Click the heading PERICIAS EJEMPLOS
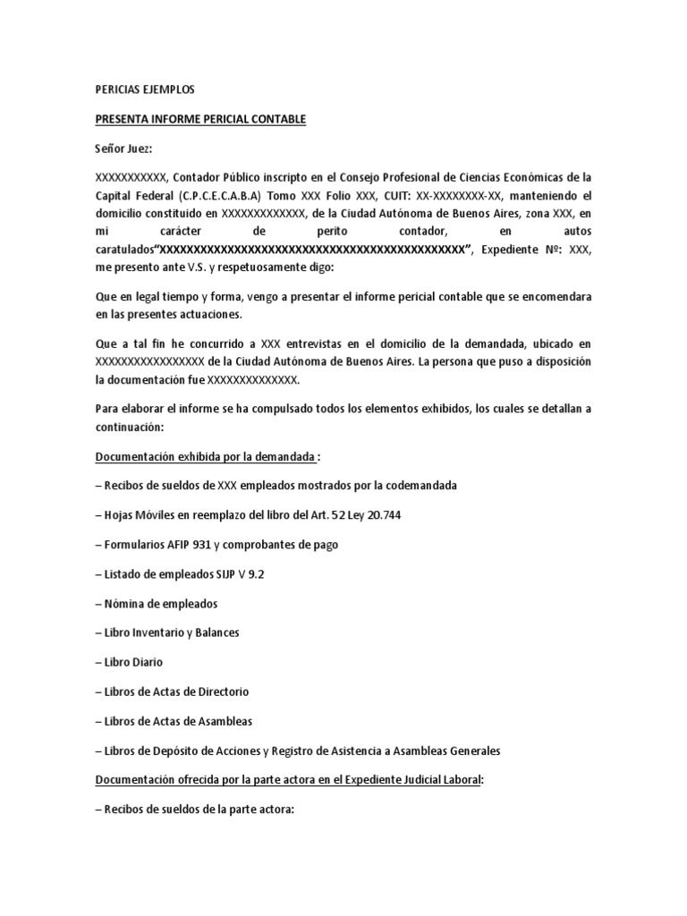click(x=144, y=90)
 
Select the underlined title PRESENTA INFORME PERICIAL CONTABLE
click(x=200, y=119)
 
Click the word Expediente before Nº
click(x=512, y=249)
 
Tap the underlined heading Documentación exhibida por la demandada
click(x=206, y=458)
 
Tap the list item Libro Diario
click(x=133, y=662)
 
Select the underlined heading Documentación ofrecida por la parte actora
click(x=288, y=780)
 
